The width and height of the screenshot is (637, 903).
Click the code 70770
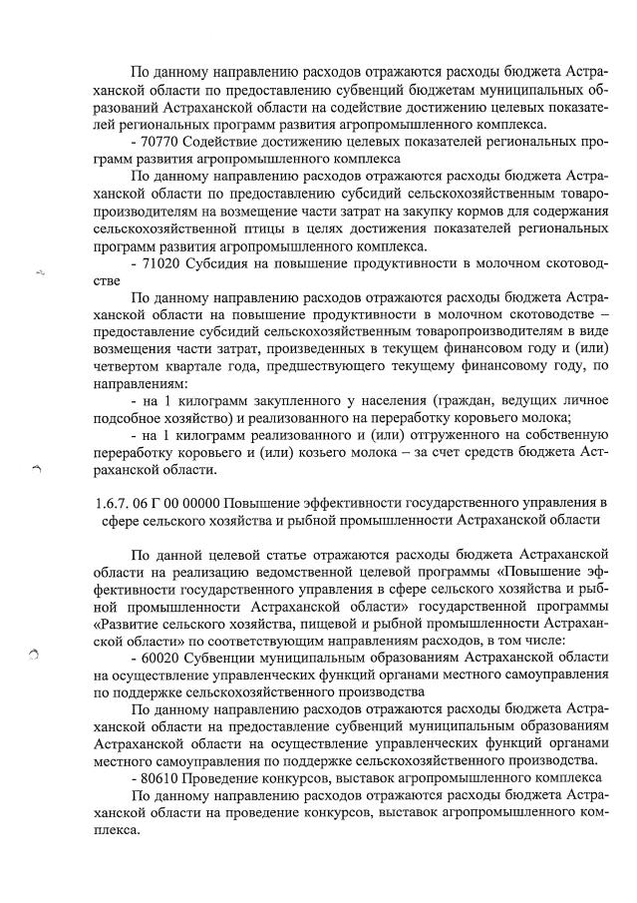pos(161,142)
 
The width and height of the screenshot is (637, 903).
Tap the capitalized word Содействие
pos(229,142)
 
